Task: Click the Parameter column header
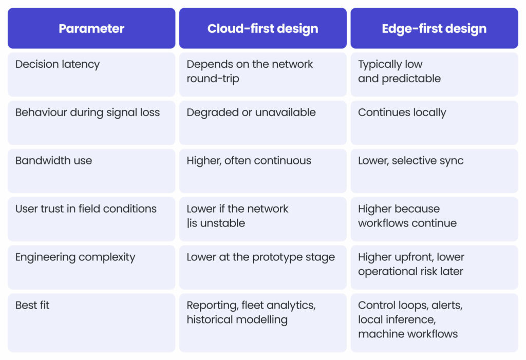tap(91, 29)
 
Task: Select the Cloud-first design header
tap(262, 29)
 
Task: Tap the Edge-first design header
tap(434, 29)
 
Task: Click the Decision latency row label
tap(58, 64)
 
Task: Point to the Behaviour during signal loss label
tap(87, 112)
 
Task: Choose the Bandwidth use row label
tap(53, 161)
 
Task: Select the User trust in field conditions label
tap(86, 209)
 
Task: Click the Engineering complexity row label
tap(75, 257)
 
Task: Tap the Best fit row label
tap(32, 306)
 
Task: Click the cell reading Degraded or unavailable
tap(251, 112)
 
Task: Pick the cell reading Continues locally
tap(402, 112)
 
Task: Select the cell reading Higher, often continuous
tap(249, 161)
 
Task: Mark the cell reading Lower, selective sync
tap(411, 161)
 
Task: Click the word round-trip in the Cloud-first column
tap(213, 79)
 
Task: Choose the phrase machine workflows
tap(408, 334)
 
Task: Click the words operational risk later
tap(410, 272)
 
